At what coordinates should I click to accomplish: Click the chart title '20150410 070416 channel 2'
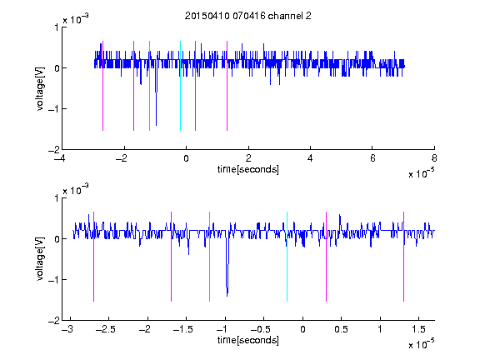(248, 16)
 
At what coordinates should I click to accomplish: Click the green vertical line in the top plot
(149, 86)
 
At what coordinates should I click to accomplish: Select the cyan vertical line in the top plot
(180, 86)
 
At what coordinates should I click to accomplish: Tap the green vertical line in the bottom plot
(209, 257)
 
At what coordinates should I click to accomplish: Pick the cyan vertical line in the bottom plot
(287, 257)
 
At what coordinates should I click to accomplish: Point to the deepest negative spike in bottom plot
(227, 296)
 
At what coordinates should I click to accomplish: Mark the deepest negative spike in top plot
(156, 125)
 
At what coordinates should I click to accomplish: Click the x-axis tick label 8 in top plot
(434, 158)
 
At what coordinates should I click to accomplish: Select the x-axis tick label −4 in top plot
(60, 158)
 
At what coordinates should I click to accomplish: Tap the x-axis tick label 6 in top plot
(372, 158)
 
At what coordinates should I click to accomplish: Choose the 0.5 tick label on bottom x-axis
(341, 329)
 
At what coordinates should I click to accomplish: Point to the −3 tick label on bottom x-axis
(67, 329)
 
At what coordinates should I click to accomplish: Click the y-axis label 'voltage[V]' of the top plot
(40, 88)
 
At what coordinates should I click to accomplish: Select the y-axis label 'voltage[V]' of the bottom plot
(40, 259)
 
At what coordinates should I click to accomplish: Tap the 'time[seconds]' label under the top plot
(248, 169)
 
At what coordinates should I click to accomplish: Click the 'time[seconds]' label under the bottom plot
(248, 340)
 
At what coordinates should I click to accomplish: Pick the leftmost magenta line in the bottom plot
(93, 257)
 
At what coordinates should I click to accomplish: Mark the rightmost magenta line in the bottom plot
(403, 257)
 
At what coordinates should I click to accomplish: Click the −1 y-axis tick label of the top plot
(53, 109)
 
